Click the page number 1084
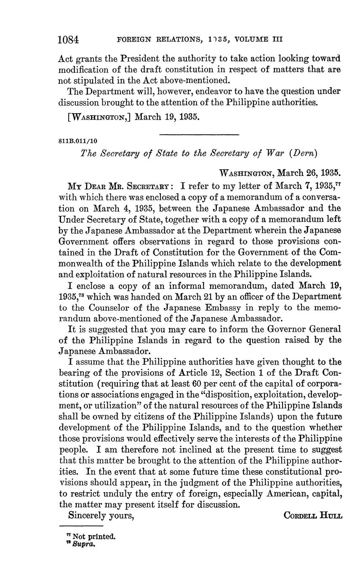68,40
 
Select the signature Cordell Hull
313,515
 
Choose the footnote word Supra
82,544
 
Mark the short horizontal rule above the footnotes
80,526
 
